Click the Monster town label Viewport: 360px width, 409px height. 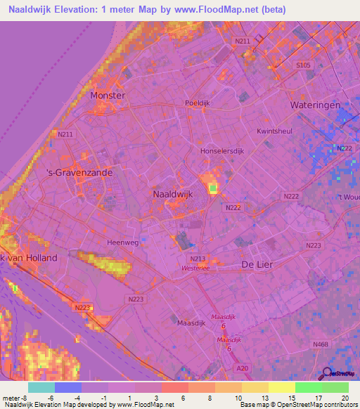coord(108,95)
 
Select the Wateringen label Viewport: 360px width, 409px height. coord(315,105)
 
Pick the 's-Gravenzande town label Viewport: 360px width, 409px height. coord(70,171)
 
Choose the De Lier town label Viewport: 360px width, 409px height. coord(256,264)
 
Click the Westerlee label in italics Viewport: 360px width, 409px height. coord(197,268)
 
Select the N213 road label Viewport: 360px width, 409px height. coord(198,259)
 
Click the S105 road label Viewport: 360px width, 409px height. coord(303,65)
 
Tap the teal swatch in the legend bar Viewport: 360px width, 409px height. coord(41,387)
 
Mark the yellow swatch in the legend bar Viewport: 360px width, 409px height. coord(282,387)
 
